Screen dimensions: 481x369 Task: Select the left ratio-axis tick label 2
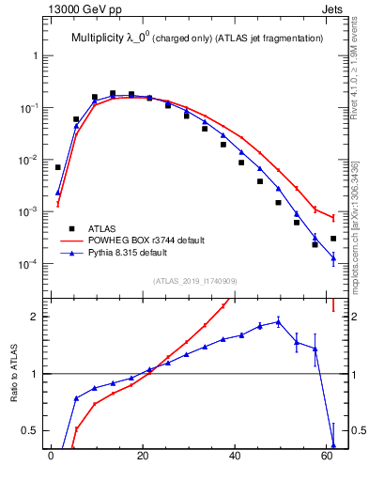click(34, 317)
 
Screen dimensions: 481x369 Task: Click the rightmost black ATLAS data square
click(333, 239)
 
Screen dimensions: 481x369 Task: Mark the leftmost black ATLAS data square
click(58, 167)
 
